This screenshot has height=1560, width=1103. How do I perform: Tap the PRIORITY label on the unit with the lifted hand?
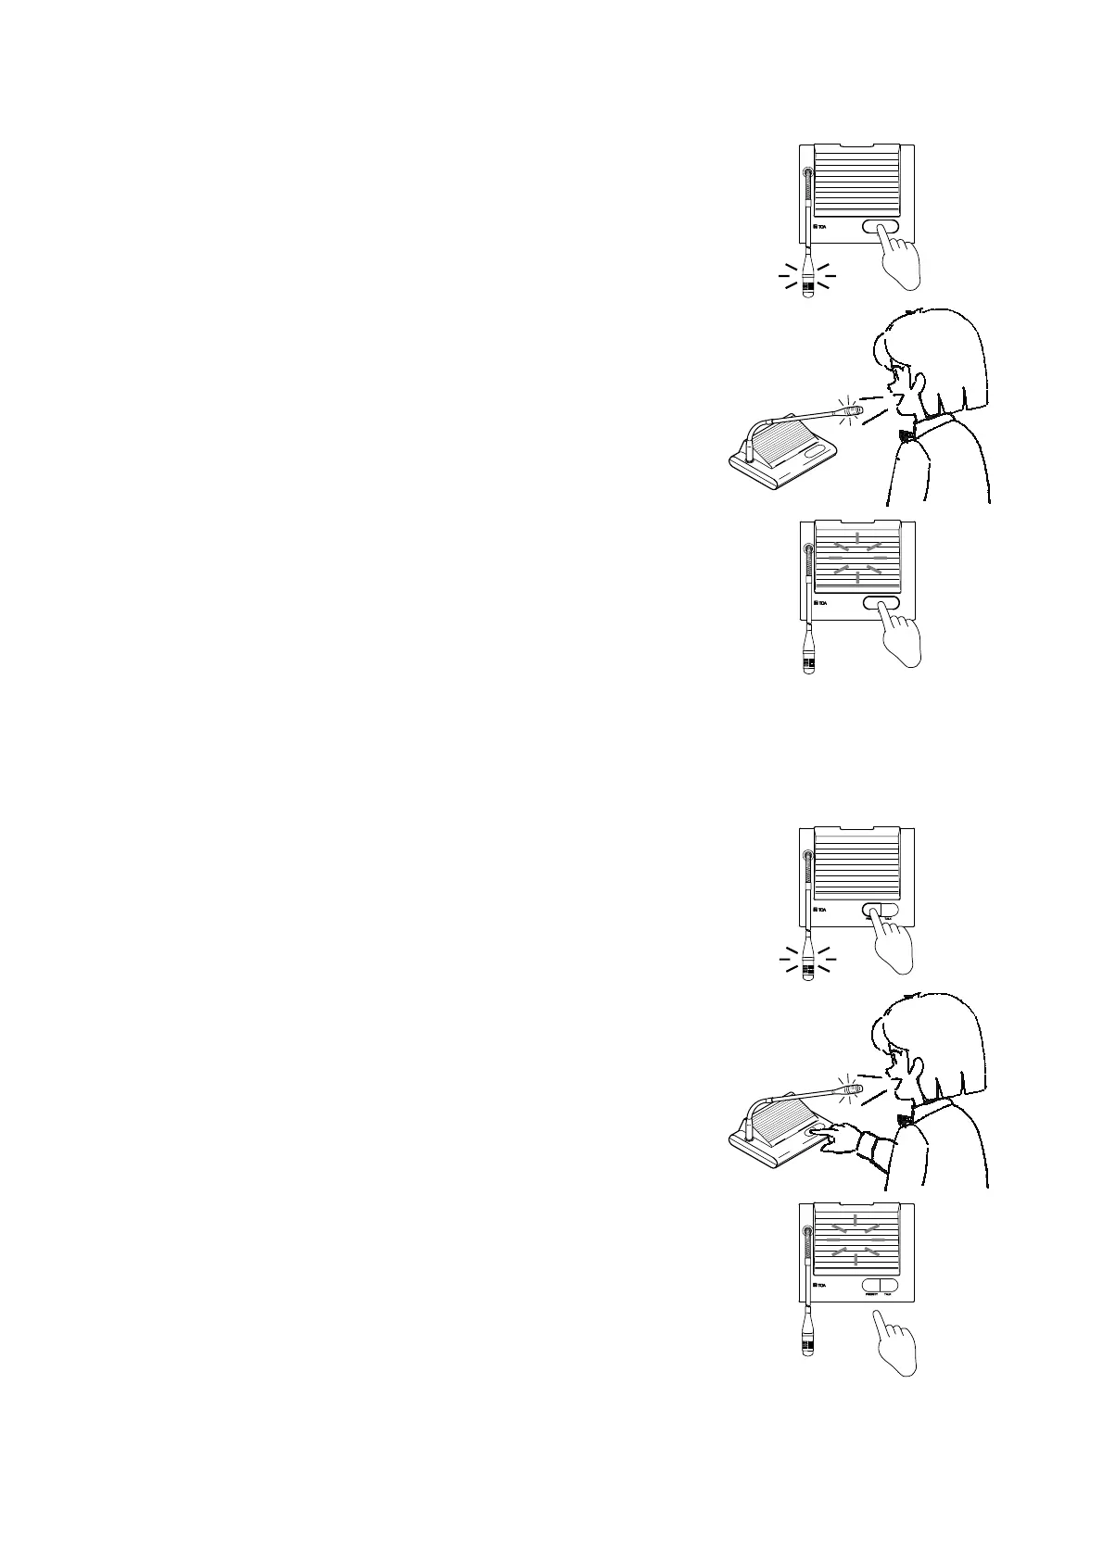tap(871, 1295)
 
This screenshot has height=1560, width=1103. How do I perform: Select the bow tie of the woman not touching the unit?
tap(906, 432)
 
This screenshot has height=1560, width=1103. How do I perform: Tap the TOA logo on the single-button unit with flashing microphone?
tap(820, 227)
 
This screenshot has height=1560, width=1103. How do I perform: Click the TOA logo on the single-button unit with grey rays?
tap(820, 606)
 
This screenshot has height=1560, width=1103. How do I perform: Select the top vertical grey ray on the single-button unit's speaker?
tap(857, 538)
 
